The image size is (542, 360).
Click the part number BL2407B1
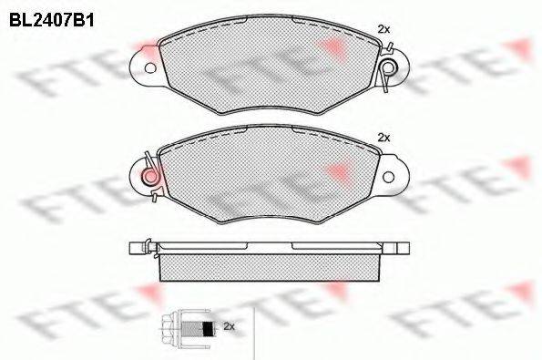coord(52,20)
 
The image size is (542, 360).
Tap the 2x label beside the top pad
coord(383,29)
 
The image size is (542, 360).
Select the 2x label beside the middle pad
coord(383,138)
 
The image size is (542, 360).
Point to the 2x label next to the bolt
coord(229,325)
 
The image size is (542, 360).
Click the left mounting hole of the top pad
coord(150,68)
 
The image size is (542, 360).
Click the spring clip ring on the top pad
coord(389,67)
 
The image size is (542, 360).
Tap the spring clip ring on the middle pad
coord(150,177)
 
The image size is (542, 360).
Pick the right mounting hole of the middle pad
coord(389,177)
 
